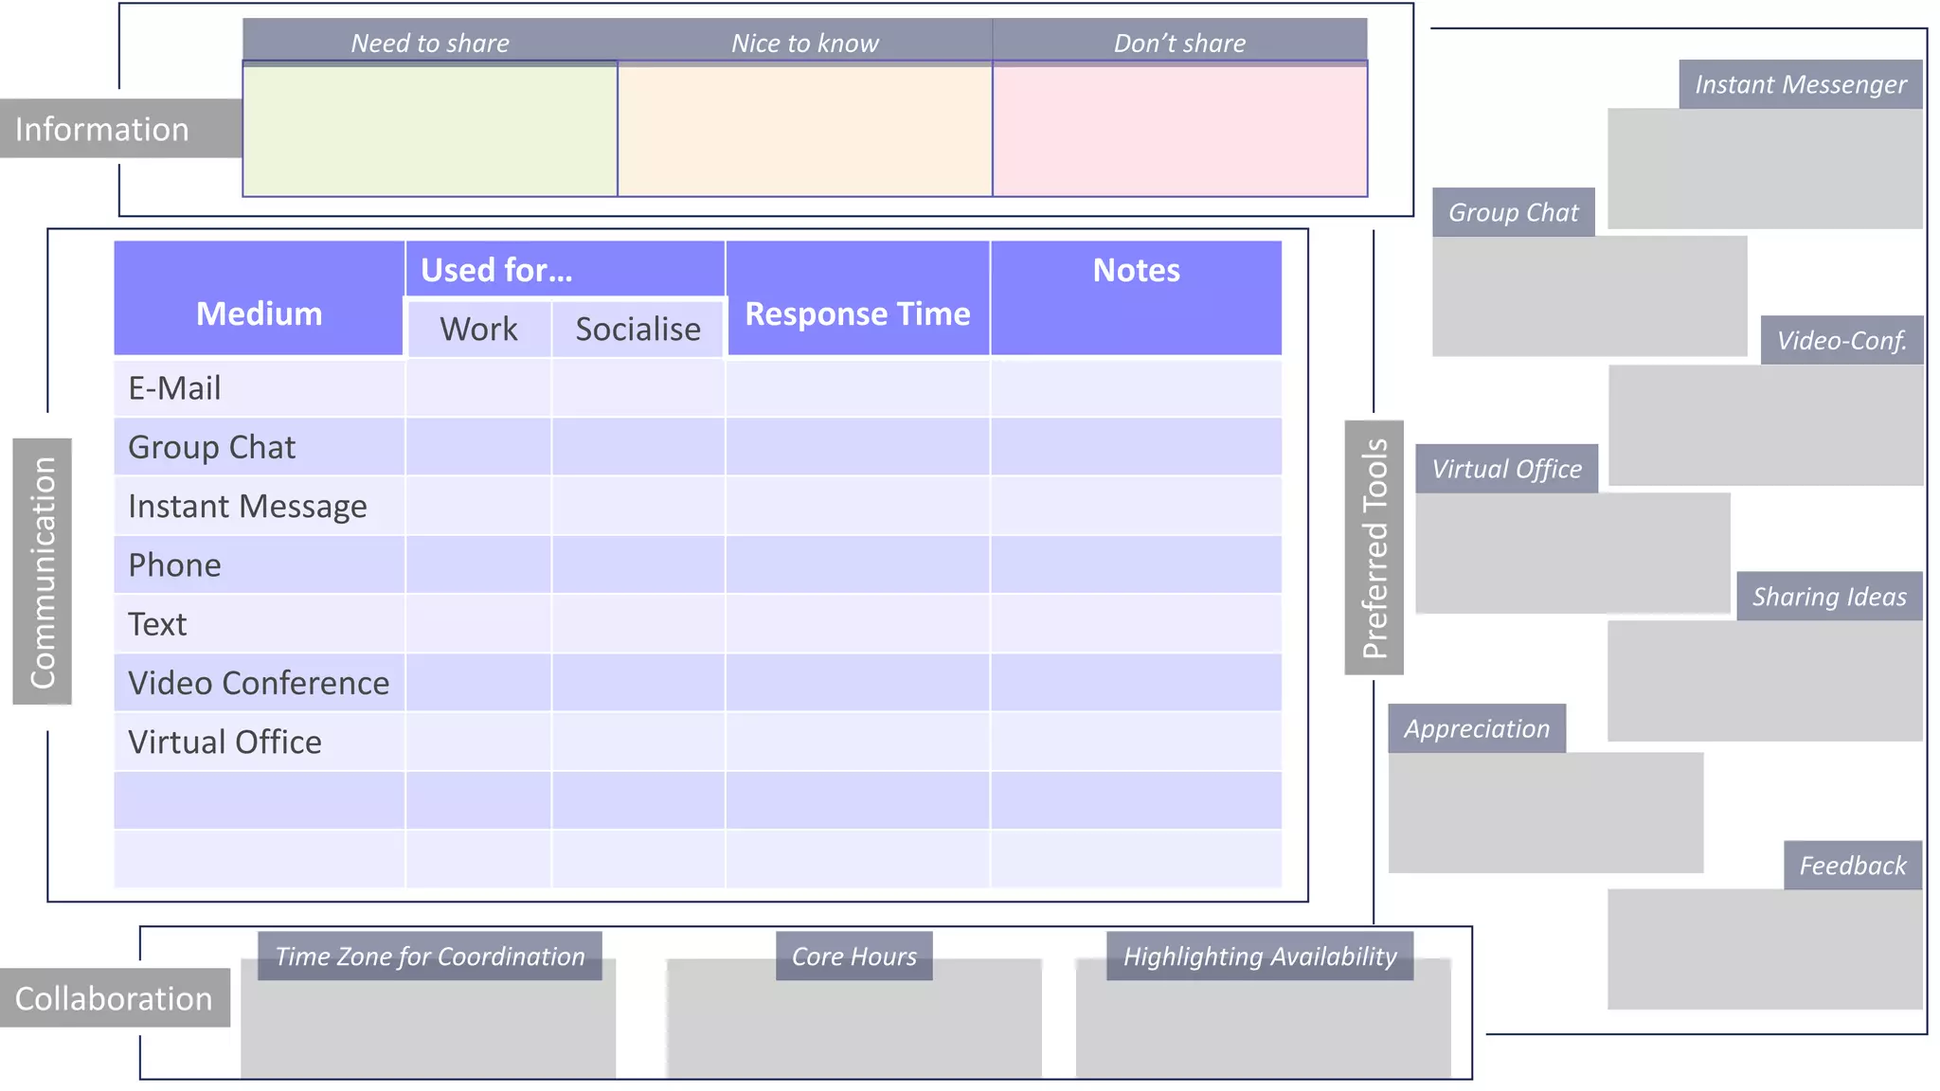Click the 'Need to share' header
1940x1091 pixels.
(x=430, y=43)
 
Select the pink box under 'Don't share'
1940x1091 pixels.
(x=1179, y=130)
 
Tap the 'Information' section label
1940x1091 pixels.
(x=102, y=129)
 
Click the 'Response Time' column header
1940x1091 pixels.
(x=857, y=313)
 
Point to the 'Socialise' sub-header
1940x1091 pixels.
(x=638, y=329)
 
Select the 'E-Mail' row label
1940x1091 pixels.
(x=175, y=388)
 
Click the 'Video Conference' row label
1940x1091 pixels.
(x=259, y=683)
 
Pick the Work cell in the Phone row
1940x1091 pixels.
(x=478, y=565)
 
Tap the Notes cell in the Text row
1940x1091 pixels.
(x=1136, y=624)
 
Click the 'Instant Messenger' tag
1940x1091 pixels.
(x=1800, y=84)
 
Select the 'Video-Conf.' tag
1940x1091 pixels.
(x=1841, y=340)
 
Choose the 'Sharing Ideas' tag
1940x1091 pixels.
(x=1829, y=597)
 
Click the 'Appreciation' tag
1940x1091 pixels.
(x=1477, y=728)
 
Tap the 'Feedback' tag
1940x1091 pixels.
(x=1853, y=866)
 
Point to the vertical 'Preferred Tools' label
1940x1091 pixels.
(x=1374, y=547)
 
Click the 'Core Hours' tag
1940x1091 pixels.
(x=853, y=957)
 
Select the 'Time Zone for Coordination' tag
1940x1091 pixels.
(x=430, y=957)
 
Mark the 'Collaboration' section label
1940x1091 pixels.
(x=114, y=998)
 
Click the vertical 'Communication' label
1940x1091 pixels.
(x=43, y=571)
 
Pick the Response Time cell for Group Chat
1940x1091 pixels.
(x=857, y=447)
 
